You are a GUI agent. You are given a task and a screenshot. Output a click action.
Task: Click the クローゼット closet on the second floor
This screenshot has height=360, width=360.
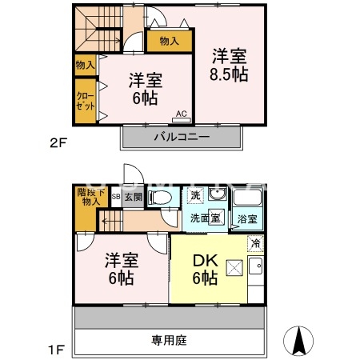tap(85, 102)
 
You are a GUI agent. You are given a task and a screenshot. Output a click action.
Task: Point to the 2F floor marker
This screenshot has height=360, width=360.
tap(56, 144)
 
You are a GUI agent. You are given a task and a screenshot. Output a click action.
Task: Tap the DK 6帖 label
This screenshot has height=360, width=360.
tap(205, 270)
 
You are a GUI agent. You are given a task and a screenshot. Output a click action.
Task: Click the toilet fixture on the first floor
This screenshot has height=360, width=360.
tap(161, 198)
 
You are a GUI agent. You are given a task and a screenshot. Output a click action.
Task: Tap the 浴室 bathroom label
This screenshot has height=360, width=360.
tap(246, 218)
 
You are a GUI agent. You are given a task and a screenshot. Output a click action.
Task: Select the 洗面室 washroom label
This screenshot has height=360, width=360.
tap(205, 218)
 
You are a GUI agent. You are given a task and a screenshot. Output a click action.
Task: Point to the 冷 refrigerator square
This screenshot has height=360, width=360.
tap(254, 243)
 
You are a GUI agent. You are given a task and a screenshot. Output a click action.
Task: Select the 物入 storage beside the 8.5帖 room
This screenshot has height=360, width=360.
tap(169, 40)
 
